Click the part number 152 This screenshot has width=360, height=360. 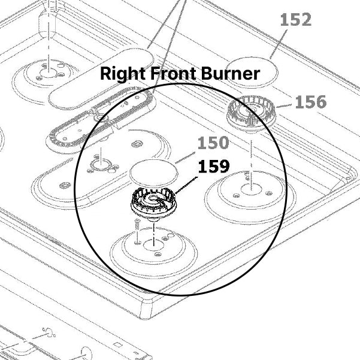coord(296,20)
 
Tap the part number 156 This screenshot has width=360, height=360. coord(311,102)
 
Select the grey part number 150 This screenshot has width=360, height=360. coord(213,143)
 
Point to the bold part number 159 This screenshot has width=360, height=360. coord(213,167)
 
